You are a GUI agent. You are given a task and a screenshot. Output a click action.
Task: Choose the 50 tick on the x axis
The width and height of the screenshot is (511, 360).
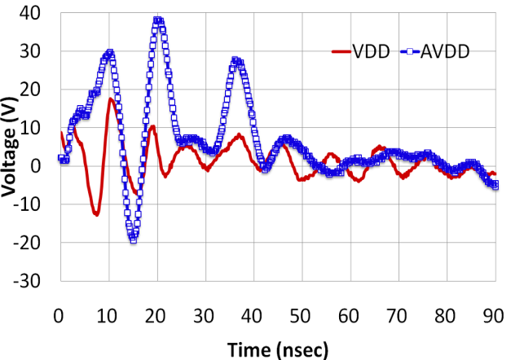[302, 314]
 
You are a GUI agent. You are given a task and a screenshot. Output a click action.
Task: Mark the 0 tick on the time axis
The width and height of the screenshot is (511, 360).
[59, 314]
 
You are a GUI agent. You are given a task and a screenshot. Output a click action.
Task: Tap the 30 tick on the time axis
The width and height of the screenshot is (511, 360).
[205, 314]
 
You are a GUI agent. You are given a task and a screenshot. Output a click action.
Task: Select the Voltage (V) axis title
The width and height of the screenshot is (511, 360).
[11, 147]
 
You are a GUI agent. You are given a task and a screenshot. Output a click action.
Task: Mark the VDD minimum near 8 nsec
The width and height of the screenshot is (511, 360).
[96, 214]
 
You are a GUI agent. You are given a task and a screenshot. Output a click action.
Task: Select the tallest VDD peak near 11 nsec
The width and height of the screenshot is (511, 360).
[111, 99]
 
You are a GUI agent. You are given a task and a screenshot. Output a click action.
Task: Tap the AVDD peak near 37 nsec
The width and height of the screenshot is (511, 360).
[236, 61]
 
